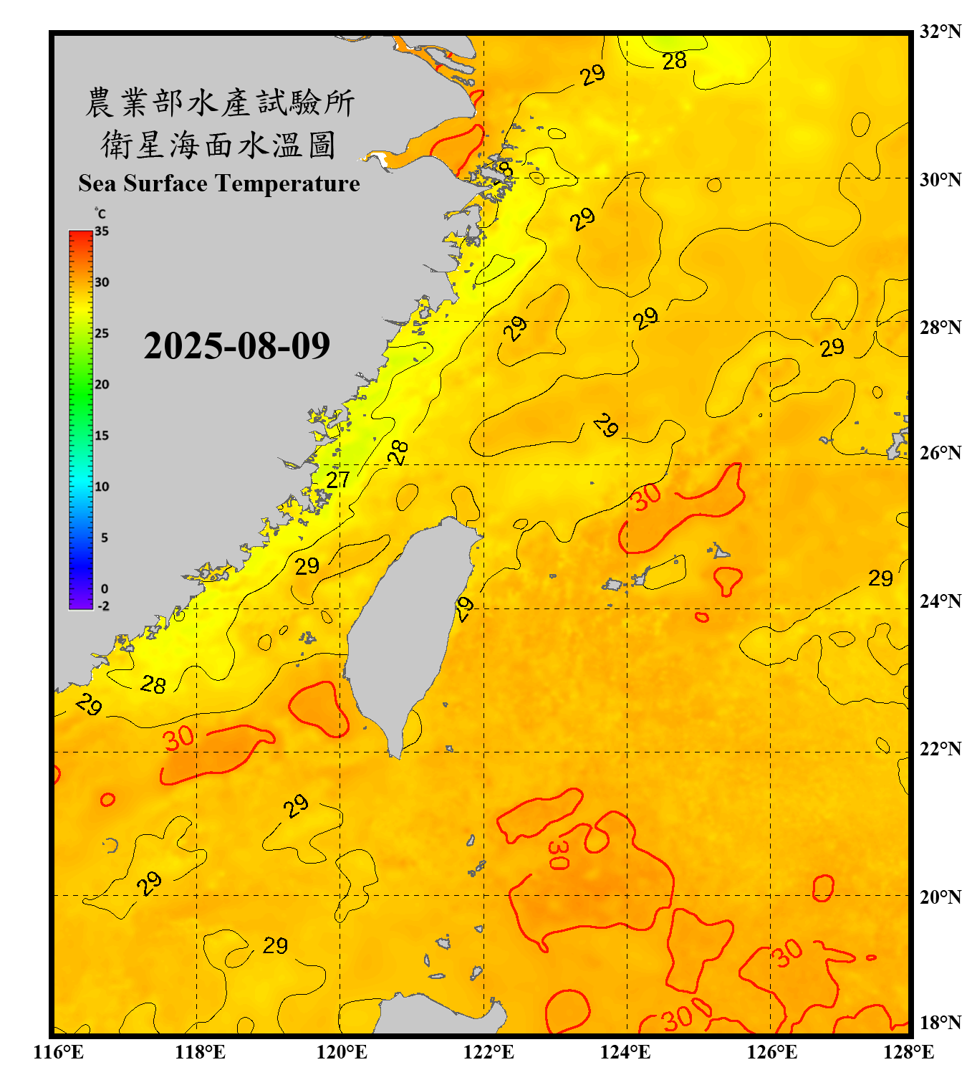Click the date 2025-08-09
click(x=236, y=346)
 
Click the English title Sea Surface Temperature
click(x=219, y=183)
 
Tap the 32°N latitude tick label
click(x=940, y=32)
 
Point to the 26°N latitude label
click(x=940, y=453)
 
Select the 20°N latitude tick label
click(x=940, y=897)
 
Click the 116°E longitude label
click(x=58, y=1052)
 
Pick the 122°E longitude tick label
click(x=489, y=1052)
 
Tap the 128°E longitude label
click(x=908, y=1052)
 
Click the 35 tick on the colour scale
click(x=102, y=231)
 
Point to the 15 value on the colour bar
click(x=102, y=436)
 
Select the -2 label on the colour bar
click(x=103, y=606)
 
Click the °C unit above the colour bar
click(x=100, y=214)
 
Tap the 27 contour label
click(x=338, y=479)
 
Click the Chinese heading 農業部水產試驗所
click(x=220, y=102)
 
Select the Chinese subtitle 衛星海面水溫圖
click(x=218, y=145)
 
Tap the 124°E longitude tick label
click(x=625, y=1052)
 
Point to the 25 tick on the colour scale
click(x=102, y=333)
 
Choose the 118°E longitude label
click(x=200, y=1052)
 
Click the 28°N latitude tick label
click(x=940, y=328)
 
